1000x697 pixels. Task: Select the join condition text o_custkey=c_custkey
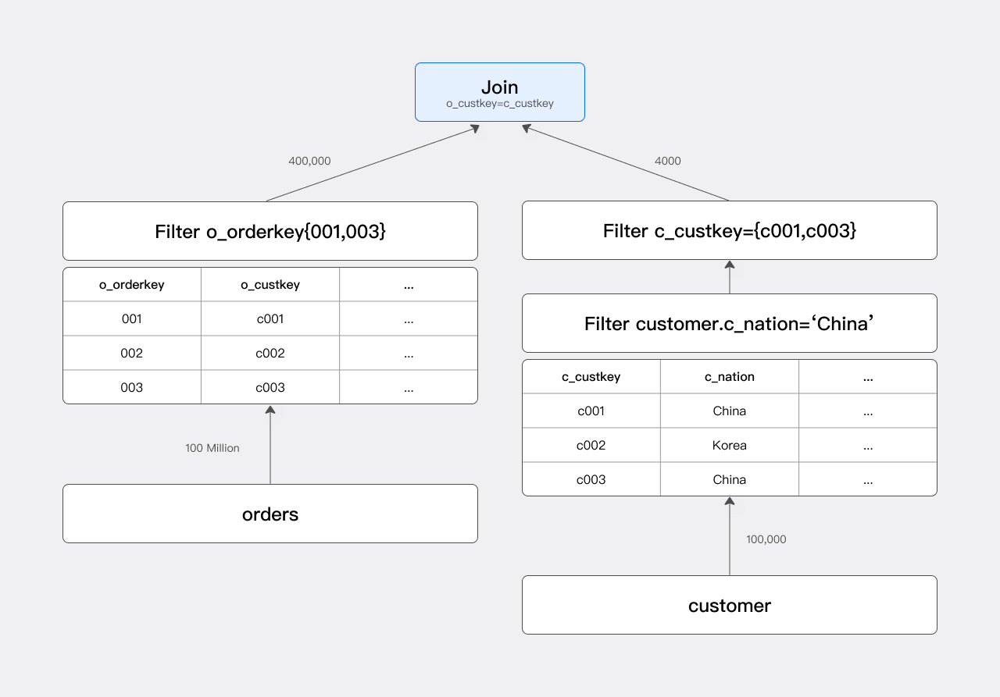click(x=499, y=104)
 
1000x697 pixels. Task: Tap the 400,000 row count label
click(x=309, y=161)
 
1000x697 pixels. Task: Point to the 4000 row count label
click(x=667, y=161)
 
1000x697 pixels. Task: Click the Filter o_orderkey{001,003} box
click(x=270, y=231)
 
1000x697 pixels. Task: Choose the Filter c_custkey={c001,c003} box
click(x=729, y=231)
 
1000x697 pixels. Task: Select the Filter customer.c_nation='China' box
click(x=729, y=323)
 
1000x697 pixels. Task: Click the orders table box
click(x=270, y=514)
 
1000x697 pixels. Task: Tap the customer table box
click(x=729, y=605)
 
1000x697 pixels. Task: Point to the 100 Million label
click(x=212, y=448)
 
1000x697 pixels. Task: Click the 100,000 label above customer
click(x=766, y=539)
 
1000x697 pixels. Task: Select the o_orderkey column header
click(x=131, y=285)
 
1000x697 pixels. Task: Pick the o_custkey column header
click(x=270, y=285)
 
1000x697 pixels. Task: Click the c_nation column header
click(x=729, y=377)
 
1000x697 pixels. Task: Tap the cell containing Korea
click(x=729, y=446)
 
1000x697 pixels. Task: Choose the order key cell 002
click(x=131, y=354)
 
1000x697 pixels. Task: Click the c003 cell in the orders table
click(x=270, y=388)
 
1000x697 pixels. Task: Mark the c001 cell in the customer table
click(x=591, y=411)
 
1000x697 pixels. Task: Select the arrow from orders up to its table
click(x=270, y=445)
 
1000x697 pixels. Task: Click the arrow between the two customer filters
click(x=729, y=277)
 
